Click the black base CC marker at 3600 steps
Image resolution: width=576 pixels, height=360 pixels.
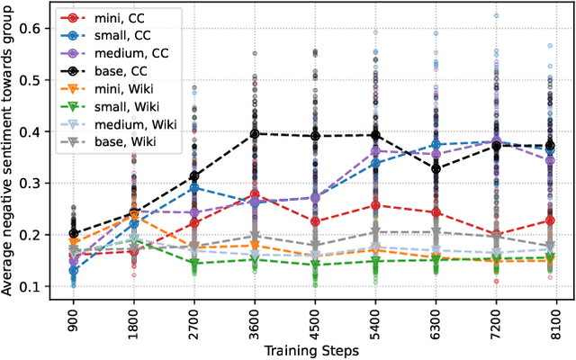tap(256, 133)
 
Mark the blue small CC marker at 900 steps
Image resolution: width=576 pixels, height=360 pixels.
tap(73, 270)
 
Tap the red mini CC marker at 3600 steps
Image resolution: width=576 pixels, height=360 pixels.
tap(256, 195)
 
